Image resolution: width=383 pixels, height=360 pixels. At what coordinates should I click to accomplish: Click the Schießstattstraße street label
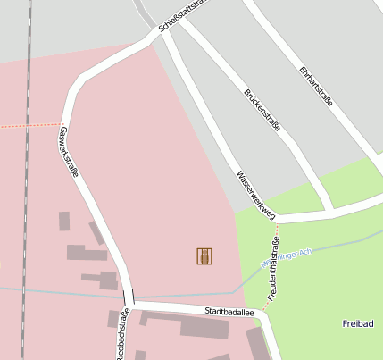point(183,15)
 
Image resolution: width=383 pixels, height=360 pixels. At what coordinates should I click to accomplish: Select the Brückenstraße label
point(262,110)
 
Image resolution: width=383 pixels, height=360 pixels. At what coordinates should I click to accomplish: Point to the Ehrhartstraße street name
point(316,86)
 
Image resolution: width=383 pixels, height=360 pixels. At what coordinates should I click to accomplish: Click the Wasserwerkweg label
point(254,194)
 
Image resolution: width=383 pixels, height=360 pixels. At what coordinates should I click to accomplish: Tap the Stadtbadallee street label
point(229,312)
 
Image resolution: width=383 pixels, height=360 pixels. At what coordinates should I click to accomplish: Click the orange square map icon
point(204,256)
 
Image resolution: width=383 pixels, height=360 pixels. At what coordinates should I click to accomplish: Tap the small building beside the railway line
point(64,221)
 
